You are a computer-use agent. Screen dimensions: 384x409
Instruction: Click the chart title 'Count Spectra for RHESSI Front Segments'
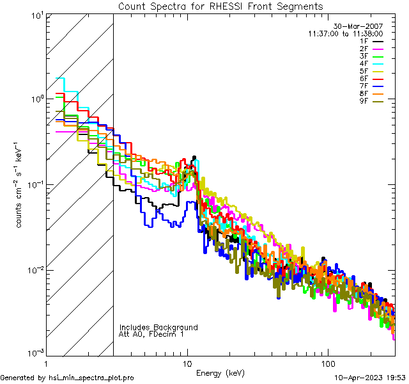(x=220, y=6)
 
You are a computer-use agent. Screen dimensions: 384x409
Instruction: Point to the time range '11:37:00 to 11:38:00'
(x=345, y=33)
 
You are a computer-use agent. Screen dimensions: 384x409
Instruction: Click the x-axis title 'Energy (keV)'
(x=221, y=373)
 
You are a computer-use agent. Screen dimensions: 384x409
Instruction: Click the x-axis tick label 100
(x=327, y=364)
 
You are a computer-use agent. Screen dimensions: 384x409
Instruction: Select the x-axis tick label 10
(x=187, y=364)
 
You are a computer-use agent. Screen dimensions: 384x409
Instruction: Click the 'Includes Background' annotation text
(x=158, y=328)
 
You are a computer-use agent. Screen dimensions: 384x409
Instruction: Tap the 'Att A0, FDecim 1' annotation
(x=151, y=334)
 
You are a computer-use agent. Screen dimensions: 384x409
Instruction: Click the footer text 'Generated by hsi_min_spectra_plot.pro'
(x=68, y=378)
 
